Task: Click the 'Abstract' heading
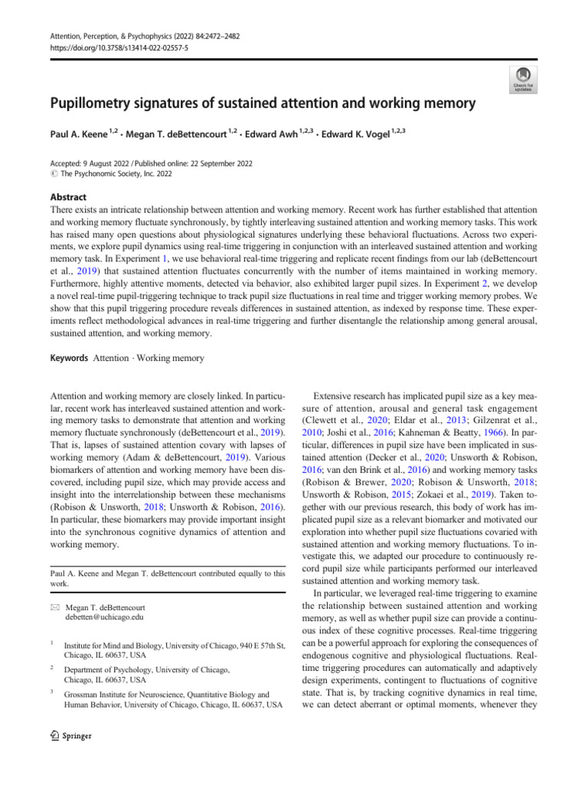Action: tap(67, 196)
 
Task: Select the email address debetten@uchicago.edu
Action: tap(100, 616)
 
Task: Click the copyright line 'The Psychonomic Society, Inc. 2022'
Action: tap(117, 174)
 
